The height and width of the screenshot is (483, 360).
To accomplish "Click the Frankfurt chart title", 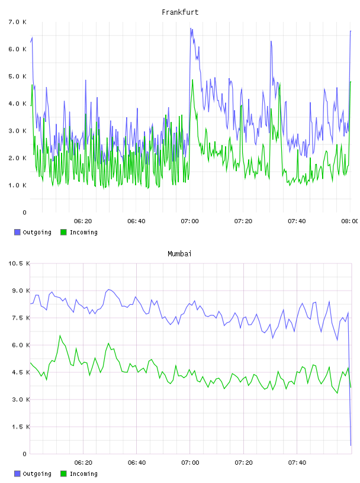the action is (180, 12).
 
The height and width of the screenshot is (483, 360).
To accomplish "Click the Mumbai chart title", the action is (179, 254).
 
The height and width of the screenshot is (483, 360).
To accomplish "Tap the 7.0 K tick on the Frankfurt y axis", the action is (18, 22).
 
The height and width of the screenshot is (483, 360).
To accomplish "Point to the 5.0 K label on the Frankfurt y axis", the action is (18, 76).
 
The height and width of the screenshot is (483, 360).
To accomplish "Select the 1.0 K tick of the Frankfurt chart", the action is (18, 185).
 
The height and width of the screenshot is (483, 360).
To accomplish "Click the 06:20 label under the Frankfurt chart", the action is (83, 221).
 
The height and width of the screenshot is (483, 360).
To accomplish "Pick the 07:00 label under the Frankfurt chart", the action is (190, 221).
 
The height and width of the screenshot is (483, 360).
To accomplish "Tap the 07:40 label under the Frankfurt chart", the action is (297, 221).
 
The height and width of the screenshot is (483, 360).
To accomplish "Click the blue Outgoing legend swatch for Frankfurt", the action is (17, 232).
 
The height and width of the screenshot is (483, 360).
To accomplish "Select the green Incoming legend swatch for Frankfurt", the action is (63, 232).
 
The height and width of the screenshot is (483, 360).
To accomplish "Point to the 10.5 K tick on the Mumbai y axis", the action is (19, 263).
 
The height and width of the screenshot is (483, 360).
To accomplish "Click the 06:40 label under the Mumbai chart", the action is (137, 463).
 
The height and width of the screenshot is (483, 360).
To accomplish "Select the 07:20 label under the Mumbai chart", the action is (243, 463).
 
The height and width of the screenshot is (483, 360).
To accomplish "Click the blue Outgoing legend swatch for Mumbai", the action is (17, 474).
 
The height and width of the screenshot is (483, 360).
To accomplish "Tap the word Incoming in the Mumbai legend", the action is (83, 474).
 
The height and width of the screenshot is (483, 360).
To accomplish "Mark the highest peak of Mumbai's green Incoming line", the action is (60, 336).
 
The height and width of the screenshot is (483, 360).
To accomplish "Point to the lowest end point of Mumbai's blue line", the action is (351, 445).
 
